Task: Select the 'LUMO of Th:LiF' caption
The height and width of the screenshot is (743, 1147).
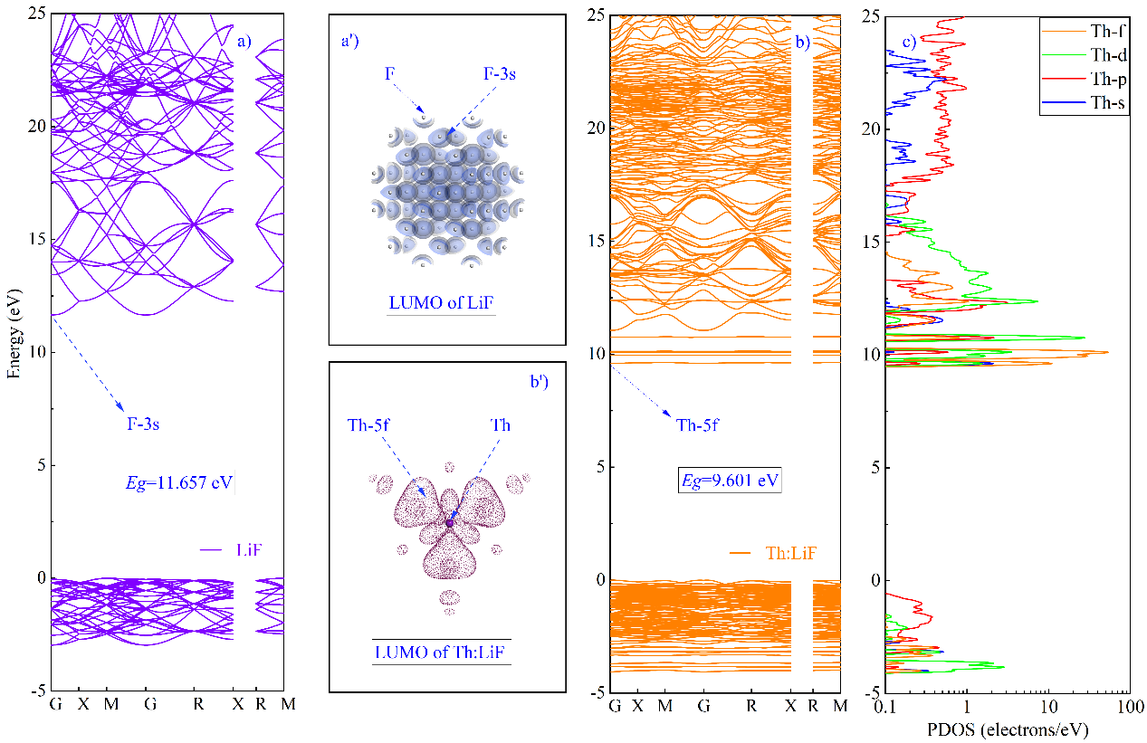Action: [x=441, y=652]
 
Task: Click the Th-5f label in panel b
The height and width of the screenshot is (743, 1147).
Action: [x=697, y=424]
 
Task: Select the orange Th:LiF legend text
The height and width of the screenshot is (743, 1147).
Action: [x=787, y=551]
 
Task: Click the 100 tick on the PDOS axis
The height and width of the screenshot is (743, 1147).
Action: [x=1128, y=704]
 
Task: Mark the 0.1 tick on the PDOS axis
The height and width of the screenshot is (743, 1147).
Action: [x=886, y=704]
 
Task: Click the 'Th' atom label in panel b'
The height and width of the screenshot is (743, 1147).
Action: [x=501, y=424]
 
